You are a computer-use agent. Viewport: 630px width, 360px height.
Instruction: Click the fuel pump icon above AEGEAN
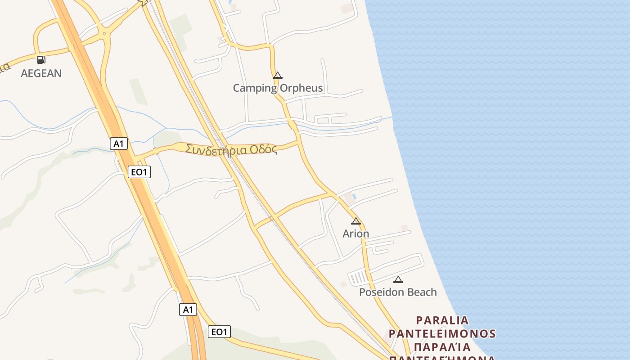coord(41,59)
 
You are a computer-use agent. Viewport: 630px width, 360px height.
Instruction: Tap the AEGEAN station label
coord(41,73)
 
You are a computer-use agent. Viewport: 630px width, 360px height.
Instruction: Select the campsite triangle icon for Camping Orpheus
coord(278,75)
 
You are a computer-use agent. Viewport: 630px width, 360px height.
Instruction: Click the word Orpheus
coord(301,88)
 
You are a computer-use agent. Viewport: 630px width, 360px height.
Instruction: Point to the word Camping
coord(255,88)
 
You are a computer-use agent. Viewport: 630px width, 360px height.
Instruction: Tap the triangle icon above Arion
coord(356,221)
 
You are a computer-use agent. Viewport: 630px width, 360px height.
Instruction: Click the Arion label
coord(355,234)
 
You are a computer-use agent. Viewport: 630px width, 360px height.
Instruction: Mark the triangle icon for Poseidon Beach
coord(398,279)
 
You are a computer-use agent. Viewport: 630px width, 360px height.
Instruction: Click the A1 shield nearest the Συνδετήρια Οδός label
coord(119,144)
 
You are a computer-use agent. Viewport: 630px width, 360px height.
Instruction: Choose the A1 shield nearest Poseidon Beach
coord(188,309)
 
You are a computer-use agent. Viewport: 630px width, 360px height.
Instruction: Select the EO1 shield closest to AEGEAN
coord(139,171)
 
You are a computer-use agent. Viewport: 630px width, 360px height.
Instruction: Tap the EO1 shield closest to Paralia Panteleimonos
coord(220,332)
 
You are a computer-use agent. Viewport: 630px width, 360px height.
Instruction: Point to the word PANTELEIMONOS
coord(442,333)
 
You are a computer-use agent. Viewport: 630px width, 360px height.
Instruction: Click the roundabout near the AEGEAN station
coord(104,33)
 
